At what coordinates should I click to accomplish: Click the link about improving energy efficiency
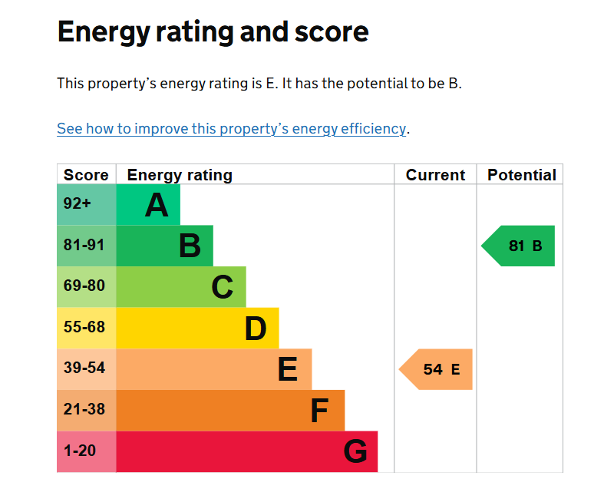[231, 129]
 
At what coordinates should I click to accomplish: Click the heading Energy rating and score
[213, 32]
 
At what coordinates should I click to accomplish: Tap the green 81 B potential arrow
[520, 246]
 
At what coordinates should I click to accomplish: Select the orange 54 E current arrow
[437, 369]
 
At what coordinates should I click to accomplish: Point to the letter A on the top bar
[157, 205]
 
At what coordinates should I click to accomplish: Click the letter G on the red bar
[355, 451]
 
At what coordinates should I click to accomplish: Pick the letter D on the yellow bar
[256, 329]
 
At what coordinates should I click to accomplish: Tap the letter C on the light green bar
[222, 287]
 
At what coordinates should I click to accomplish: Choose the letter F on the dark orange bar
[319, 411]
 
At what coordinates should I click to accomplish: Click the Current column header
[435, 175]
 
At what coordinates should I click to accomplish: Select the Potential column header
[521, 175]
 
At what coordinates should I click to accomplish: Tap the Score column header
[86, 175]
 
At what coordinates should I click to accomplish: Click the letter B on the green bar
[190, 246]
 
